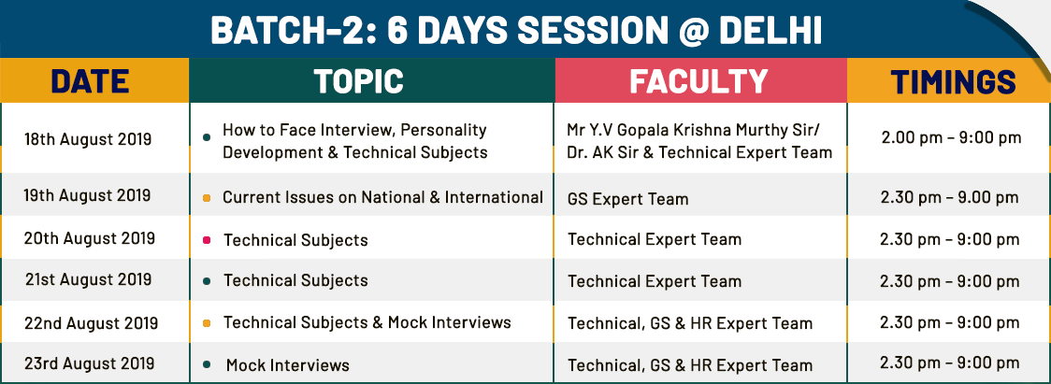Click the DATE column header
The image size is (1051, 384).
90,82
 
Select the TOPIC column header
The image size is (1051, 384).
359,82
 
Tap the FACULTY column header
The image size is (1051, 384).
698,82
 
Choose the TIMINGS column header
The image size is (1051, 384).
953,82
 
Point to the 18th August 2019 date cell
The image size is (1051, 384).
88,139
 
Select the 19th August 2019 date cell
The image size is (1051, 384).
88,195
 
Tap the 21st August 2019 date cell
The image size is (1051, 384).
88,279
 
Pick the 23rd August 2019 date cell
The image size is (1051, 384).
90,363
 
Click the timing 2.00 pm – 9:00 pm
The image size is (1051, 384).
951,138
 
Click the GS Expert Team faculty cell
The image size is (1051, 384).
627,199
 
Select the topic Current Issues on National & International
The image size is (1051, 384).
382,197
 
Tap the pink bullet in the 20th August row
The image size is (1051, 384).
207,240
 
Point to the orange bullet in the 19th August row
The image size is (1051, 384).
207,198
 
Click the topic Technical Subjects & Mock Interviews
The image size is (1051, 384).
367,322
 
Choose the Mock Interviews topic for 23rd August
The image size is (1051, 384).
288,365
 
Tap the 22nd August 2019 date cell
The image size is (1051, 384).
91,323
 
